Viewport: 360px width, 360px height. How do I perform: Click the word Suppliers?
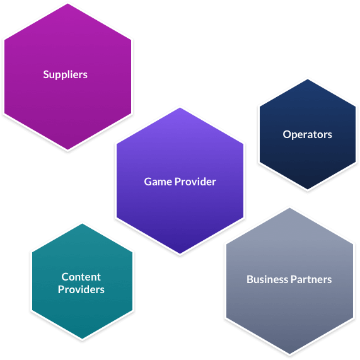pos(65,75)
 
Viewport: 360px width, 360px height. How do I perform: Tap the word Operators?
pos(307,134)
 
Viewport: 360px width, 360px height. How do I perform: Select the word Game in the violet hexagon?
pos(158,182)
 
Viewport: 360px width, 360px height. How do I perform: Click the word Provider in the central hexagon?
pos(195,182)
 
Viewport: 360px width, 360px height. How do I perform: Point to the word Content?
pos(81,277)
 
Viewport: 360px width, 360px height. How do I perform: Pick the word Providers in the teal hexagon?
pos(81,289)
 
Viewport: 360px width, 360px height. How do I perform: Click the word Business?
pos(267,279)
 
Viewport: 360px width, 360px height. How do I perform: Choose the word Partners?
pos(311,279)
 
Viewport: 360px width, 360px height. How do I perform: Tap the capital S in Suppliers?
pos(46,74)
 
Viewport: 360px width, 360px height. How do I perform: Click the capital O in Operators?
pos(287,134)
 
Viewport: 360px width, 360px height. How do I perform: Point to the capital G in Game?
pos(148,182)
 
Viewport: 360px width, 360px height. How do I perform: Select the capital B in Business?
pos(250,279)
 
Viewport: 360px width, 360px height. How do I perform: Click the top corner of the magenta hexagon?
pos(67,4)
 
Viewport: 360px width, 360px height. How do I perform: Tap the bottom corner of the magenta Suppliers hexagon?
pos(67,149)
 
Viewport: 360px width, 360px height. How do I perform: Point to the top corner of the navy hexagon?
pos(308,79)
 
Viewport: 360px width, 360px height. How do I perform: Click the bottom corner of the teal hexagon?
pos(82,339)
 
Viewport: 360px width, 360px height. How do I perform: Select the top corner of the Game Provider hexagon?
pos(180,108)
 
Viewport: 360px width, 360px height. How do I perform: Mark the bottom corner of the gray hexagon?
pos(289,354)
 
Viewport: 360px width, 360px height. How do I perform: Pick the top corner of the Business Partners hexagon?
pos(289,208)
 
